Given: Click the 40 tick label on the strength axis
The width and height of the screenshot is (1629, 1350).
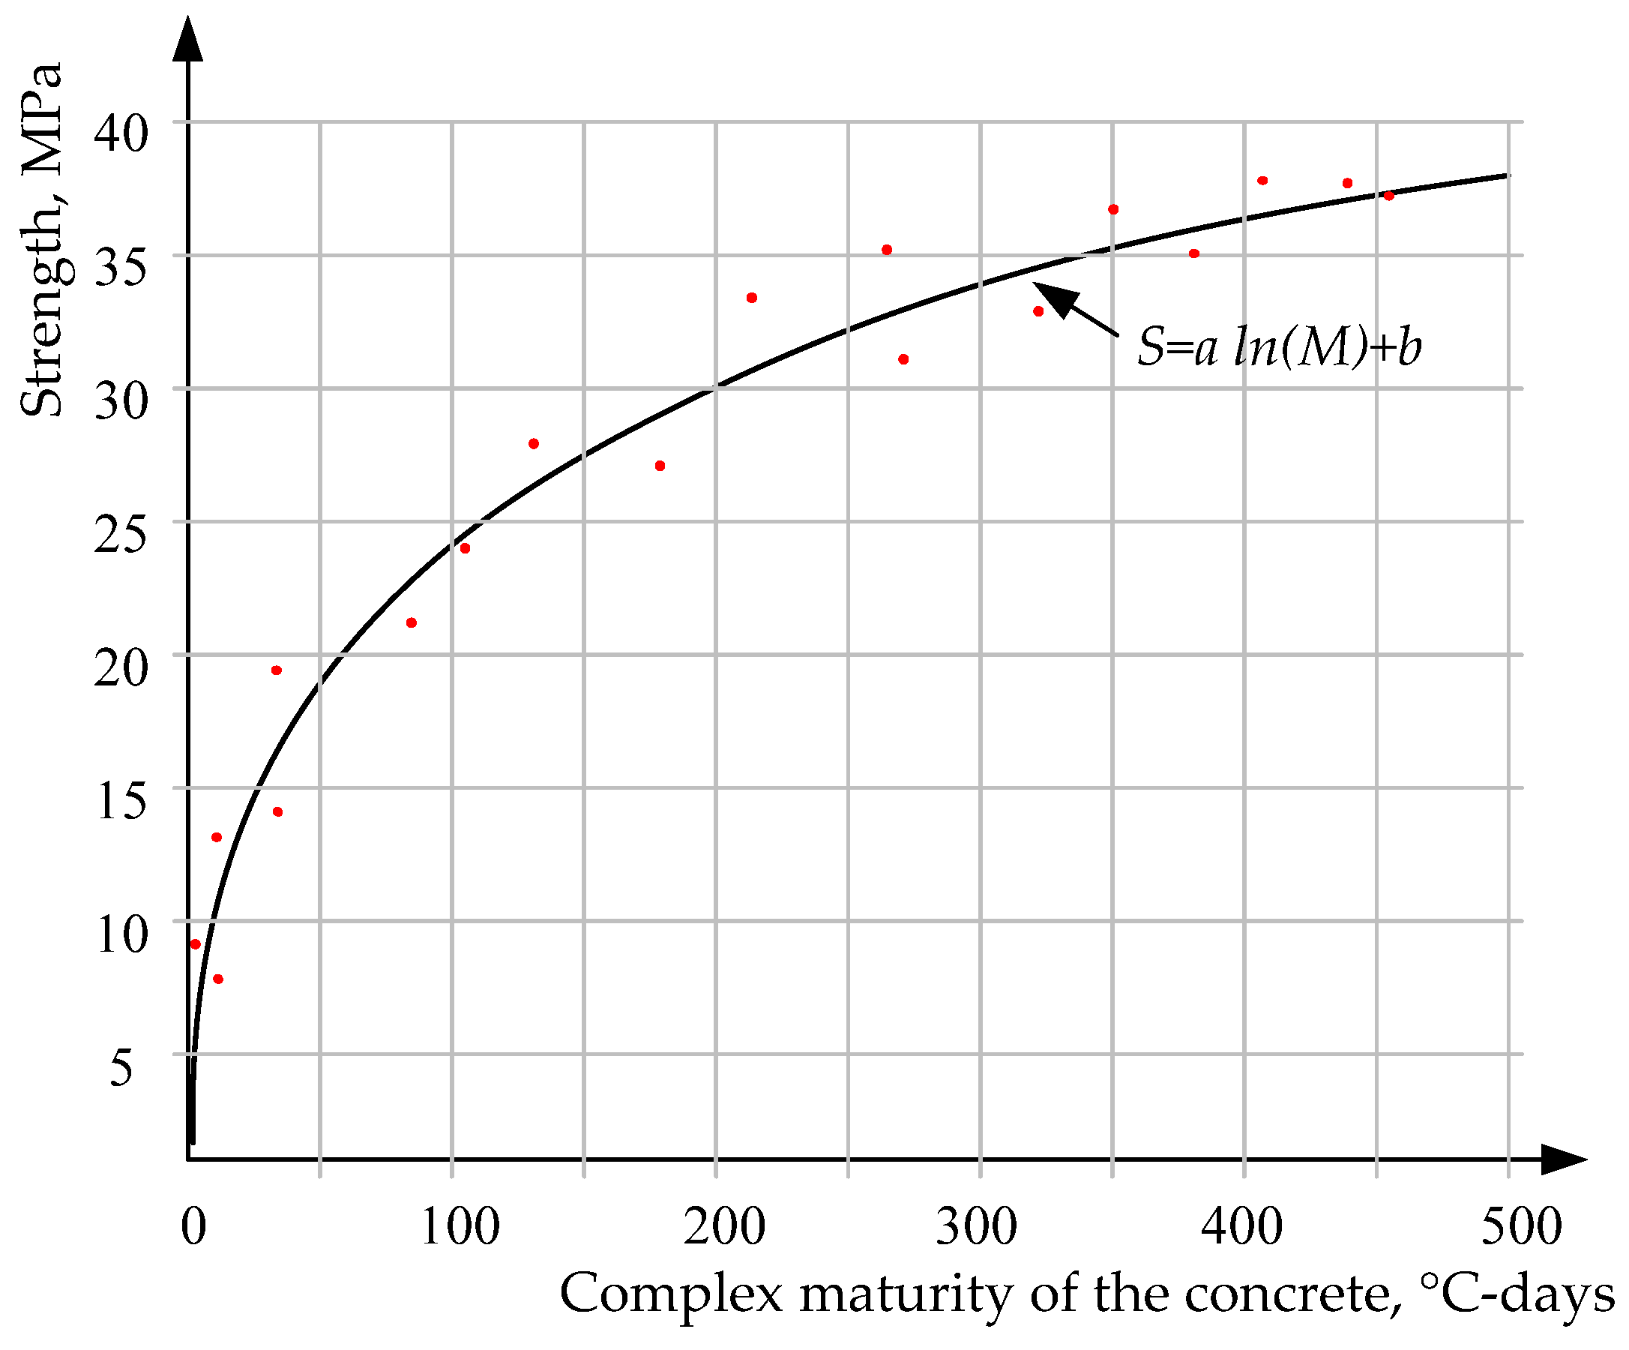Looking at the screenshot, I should pos(120,133).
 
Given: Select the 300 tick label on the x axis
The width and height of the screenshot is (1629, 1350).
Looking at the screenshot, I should pos(976,1228).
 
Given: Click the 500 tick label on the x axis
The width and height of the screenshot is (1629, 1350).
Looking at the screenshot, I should pos(1521,1228).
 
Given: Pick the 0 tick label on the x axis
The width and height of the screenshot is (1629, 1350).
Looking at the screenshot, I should pos(193,1228).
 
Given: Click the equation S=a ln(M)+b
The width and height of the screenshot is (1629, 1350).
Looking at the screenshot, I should pos(1279,346).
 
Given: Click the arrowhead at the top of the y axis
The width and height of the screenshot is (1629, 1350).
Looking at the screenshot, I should pos(187,39).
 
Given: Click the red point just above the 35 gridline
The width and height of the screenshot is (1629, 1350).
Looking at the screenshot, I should pos(887,250).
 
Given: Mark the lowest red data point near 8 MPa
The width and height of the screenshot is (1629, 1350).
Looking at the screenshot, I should pos(218,979).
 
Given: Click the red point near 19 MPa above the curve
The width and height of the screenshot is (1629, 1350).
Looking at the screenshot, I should pos(276,670).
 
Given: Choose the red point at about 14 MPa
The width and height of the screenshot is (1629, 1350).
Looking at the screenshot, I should pos(277,812).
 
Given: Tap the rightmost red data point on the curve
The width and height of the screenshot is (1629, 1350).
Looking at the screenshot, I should pos(1388,196).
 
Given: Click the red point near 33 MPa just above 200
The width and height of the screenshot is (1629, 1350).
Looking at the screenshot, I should pos(751,298).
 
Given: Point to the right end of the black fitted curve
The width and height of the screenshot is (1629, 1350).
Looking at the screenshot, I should pos(1508,175).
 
